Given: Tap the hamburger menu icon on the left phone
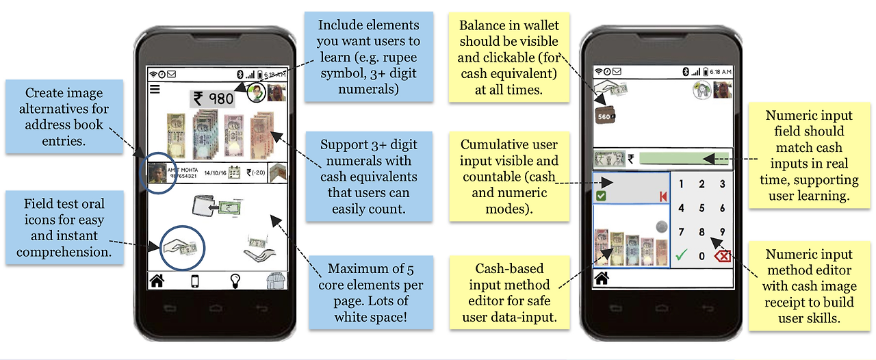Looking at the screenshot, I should tap(155, 89).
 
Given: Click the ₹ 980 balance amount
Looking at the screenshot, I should tap(213, 99).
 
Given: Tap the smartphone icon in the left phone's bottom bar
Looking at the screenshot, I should tap(195, 281).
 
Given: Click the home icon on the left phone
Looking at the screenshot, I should tap(157, 281).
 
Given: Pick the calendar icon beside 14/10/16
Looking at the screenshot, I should tap(234, 172).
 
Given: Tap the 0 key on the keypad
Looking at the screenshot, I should tap(701, 257).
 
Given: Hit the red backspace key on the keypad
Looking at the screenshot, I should tap(723, 257).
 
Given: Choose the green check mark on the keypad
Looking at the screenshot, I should tap(680, 256).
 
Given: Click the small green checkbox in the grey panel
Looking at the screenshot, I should tap(601, 196).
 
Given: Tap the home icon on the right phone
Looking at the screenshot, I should tap(602, 278).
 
